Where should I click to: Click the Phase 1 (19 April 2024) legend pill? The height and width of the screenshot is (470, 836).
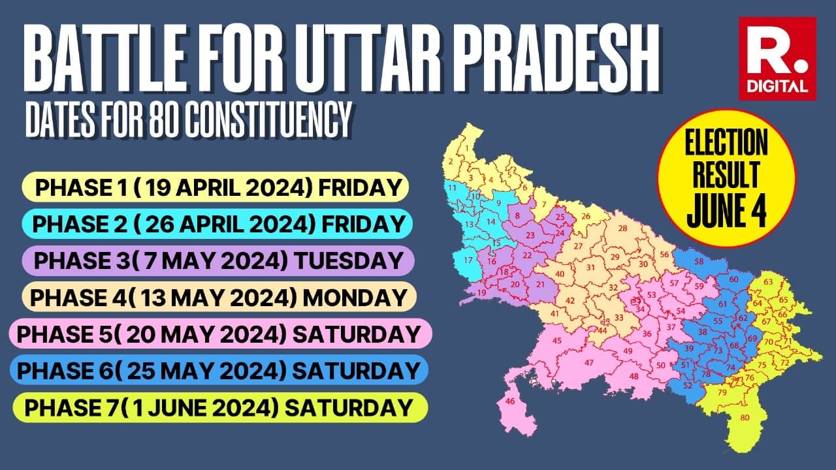(216, 187)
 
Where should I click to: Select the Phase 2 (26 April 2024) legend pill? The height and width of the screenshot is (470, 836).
(217, 224)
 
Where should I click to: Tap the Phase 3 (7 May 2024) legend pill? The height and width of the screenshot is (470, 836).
(217, 260)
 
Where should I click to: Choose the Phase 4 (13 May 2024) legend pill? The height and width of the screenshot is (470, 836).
(218, 297)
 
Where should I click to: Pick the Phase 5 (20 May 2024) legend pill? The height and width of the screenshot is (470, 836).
(219, 334)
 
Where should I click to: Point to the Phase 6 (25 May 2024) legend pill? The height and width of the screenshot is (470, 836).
(219, 370)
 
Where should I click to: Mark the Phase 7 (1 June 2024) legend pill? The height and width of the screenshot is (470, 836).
(219, 407)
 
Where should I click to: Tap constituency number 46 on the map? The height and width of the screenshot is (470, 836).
(510, 401)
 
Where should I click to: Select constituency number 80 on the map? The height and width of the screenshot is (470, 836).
(745, 417)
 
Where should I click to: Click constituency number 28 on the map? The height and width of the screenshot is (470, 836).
(623, 228)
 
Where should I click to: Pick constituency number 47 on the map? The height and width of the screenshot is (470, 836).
(588, 362)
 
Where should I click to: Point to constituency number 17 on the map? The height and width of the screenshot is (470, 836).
(468, 260)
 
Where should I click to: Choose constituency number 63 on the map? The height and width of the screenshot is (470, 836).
(768, 282)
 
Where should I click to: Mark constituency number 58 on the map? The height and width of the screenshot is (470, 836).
(699, 262)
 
